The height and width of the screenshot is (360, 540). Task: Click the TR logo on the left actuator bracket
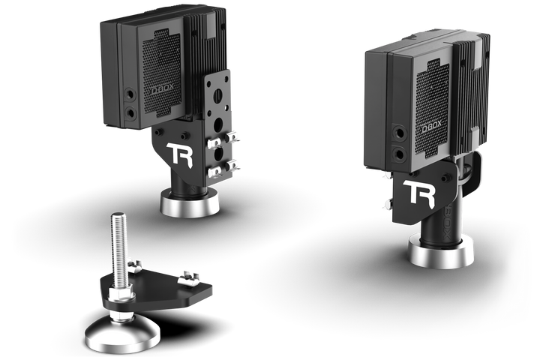pos(180,154)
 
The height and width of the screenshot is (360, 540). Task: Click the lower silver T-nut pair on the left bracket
pos(224,167)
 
